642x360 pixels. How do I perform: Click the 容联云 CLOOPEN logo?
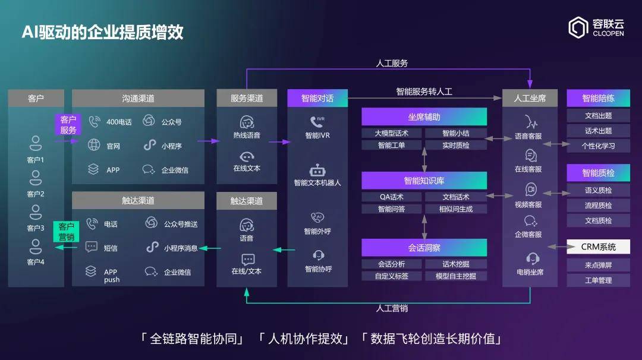tap(596, 28)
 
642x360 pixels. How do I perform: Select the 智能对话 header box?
tap(317, 98)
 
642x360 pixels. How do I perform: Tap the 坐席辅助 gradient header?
tap(424, 116)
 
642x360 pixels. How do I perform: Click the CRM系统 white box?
tap(598, 247)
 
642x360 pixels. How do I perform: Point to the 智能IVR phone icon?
tap(317, 122)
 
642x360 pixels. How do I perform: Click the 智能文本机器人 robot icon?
tap(317, 170)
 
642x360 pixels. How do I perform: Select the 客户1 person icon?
tap(36, 143)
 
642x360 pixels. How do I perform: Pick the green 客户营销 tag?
tap(67, 232)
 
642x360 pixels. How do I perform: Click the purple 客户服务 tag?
tap(68, 125)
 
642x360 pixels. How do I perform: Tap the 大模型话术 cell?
tap(391, 133)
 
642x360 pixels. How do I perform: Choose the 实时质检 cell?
tap(456, 145)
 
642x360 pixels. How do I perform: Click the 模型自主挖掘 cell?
tap(456, 276)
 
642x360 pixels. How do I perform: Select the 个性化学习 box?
tap(598, 146)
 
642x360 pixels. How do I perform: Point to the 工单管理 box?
tap(598, 280)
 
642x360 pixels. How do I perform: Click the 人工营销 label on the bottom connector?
tap(392, 308)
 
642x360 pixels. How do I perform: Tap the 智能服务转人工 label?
tap(424, 91)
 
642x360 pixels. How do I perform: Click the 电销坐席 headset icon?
tap(532, 258)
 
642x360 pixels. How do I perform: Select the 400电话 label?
tap(119, 122)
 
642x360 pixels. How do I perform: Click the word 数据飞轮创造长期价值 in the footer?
tap(432, 339)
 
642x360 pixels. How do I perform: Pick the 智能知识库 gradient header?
tap(424, 181)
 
